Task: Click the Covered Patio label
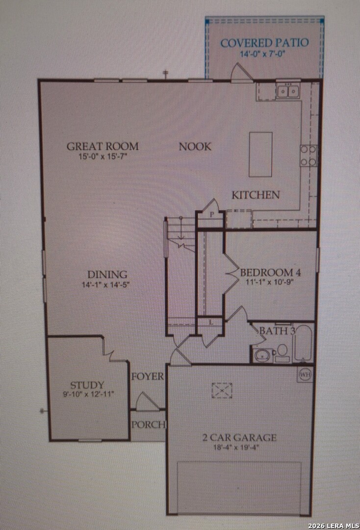coord(264,43)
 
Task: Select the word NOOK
coord(195,147)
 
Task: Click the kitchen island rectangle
coord(260,154)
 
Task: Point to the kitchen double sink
coord(288,91)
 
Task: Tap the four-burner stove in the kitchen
coord(309,156)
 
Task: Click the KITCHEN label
coord(256,195)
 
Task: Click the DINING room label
coord(107,274)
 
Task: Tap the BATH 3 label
coord(277,331)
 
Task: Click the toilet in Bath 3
coord(282,353)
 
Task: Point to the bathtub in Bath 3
coord(303,343)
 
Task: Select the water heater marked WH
coord(305,374)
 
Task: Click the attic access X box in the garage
coord(222,391)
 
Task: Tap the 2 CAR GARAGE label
coord(239,438)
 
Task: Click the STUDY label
coord(87,385)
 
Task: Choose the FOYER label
coord(148,376)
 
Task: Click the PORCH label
coord(148,424)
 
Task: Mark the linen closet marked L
coord(211,323)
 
